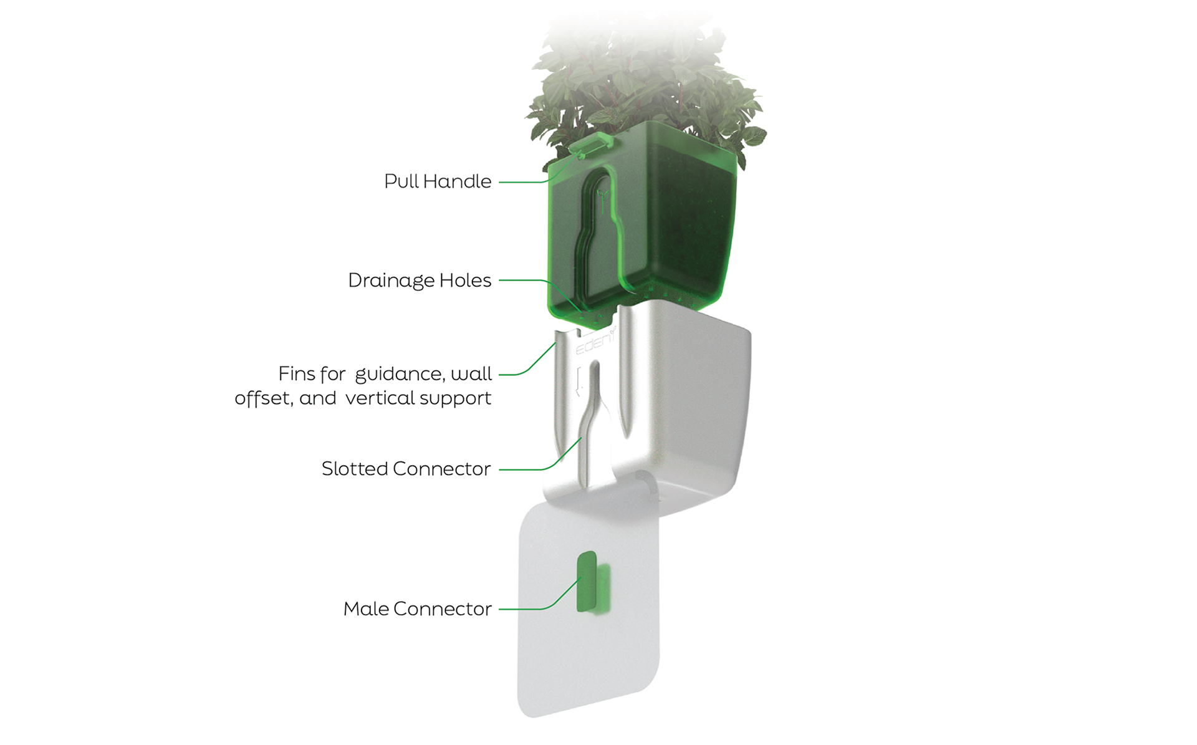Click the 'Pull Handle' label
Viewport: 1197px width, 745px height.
pyautogui.click(x=438, y=181)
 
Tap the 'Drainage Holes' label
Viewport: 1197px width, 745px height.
pyautogui.click(x=420, y=281)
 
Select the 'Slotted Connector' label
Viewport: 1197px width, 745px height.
pyautogui.click(x=406, y=469)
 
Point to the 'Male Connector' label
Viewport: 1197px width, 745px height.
pyautogui.click(x=417, y=609)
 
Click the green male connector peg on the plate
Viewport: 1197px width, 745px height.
pyautogui.click(x=587, y=581)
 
